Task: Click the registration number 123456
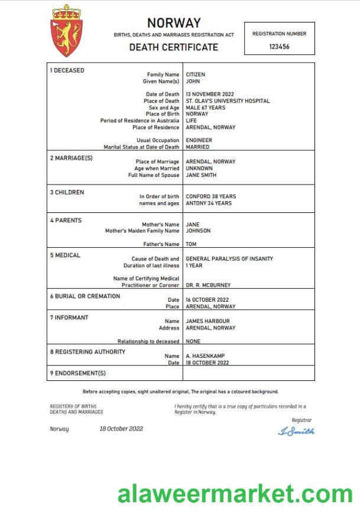tap(279, 46)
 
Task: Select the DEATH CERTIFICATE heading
tap(174, 47)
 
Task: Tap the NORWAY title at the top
tap(174, 23)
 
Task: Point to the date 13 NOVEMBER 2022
tap(210, 95)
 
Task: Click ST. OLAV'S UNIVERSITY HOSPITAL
tap(228, 101)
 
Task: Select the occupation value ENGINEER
tap(199, 141)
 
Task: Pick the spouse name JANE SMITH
tap(201, 175)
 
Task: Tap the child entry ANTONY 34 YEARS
tap(208, 203)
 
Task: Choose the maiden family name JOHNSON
tap(198, 231)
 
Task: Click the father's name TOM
tap(191, 244)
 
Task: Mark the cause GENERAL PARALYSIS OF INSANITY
tap(229, 259)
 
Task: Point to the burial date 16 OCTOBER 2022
tap(207, 300)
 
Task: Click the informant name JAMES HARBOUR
tap(207, 321)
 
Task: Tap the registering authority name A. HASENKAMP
tap(205, 356)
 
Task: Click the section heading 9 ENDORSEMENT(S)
tap(77, 373)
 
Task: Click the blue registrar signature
tap(296, 431)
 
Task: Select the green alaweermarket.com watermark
tap(235, 494)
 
